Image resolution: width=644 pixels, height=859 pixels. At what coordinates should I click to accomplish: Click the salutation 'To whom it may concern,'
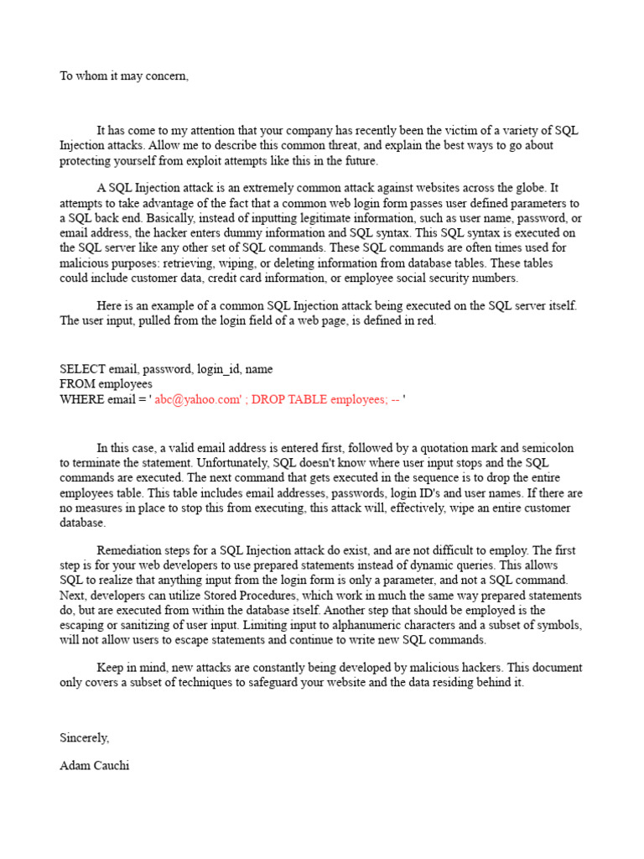pyautogui.click(x=124, y=76)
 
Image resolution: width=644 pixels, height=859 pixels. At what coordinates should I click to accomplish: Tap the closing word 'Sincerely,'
pyautogui.click(x=84, y=737)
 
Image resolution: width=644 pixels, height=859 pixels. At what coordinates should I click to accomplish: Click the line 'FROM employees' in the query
pyautogui.click(x=106, y=384)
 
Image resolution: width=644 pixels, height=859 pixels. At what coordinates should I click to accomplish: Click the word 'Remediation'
pyautogui.click(x=131, y=550)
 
